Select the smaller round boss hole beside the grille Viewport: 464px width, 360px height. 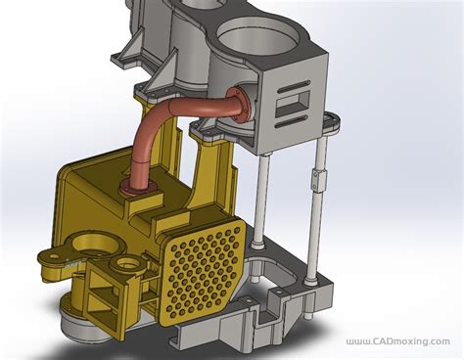(124, 264)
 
